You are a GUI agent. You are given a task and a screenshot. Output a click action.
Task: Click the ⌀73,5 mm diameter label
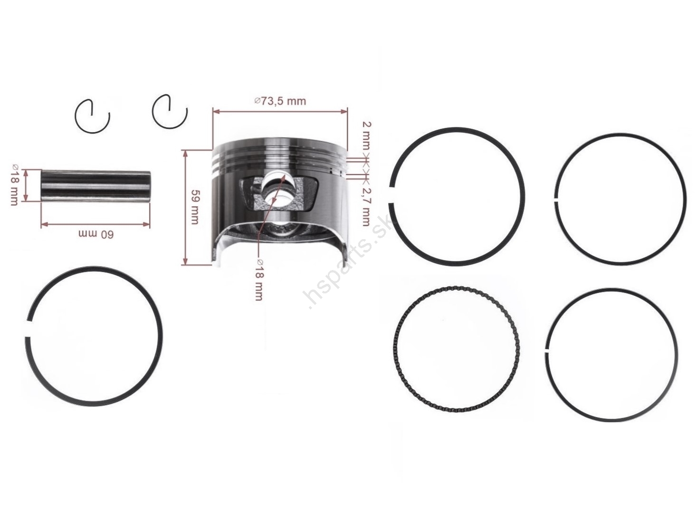point(280,101)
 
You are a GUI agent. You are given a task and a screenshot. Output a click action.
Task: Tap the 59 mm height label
point(194,207)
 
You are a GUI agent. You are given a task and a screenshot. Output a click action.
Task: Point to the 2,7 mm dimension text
point(366,206)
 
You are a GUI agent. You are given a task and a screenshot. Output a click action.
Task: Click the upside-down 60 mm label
point(96,234)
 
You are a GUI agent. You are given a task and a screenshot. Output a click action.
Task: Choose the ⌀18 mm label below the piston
point(259,289)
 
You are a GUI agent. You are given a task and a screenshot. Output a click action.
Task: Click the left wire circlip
point(92,116)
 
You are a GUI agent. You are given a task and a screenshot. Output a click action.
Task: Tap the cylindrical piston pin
point(95,186)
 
